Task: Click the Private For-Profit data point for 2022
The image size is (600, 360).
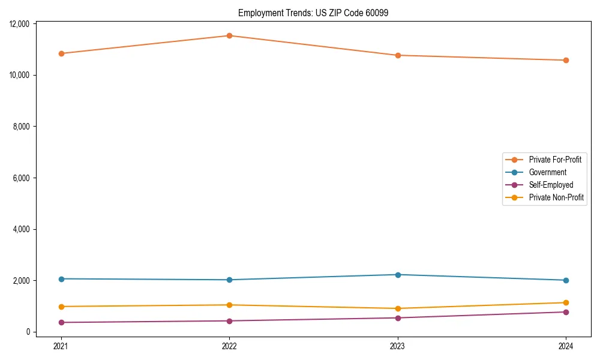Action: (229, 35)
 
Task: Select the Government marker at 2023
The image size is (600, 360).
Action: (398, 275)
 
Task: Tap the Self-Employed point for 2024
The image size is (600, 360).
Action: (566, 312)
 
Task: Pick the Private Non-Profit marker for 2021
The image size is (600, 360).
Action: (61, 307)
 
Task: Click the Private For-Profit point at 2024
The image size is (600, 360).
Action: (566, 60)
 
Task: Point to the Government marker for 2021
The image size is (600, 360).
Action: (61, 279)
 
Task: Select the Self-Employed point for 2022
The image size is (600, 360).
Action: (229, 321)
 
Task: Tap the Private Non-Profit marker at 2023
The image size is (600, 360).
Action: (398, 308)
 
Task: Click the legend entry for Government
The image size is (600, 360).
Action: (547, 172)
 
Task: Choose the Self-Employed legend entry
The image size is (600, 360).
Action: (551, 185)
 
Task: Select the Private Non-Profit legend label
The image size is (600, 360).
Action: (556, 197)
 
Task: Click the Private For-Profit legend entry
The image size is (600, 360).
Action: (555, 160)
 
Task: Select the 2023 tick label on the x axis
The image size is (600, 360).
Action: (398, 346)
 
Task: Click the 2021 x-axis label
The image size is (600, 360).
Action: (61, 346)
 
